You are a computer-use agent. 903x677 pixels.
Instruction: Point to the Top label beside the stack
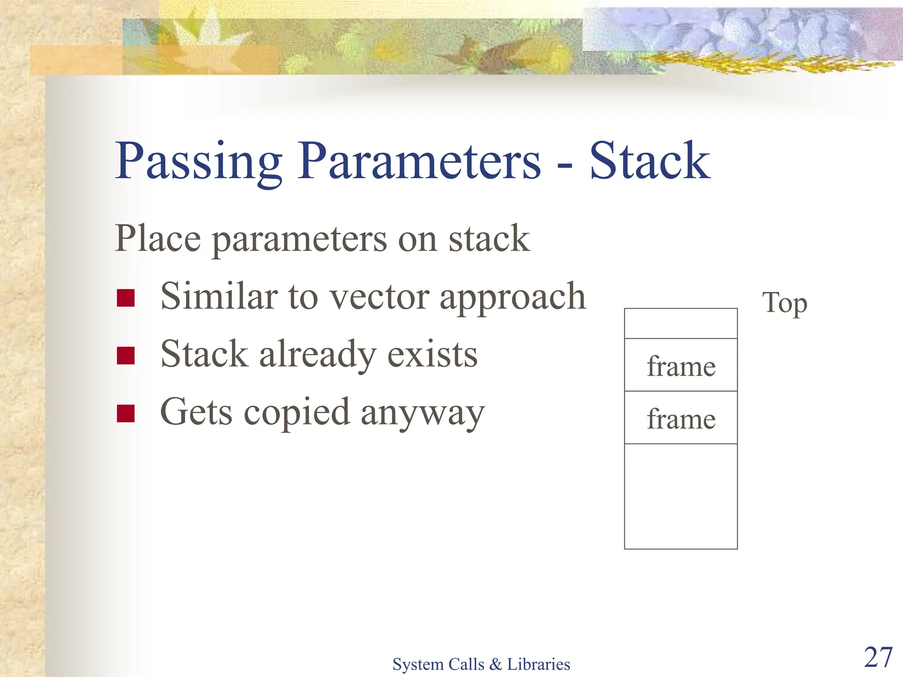pos(784,303)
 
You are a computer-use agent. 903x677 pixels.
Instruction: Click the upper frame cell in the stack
pos(681,366)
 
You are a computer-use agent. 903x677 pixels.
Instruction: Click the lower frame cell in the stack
pos(681,418)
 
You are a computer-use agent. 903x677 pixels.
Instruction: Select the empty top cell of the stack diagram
pos(681,324)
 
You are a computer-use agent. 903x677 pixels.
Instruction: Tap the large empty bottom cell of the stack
pos(681,496)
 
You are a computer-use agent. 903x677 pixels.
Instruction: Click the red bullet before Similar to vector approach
pos(126,298)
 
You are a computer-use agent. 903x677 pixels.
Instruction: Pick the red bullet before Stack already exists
pos(126,356)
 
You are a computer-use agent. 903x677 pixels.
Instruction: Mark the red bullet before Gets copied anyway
pos(126,413)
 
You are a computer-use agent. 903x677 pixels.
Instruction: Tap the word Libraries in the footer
pos(538,664)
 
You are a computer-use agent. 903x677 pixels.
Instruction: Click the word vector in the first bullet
pos(380,297)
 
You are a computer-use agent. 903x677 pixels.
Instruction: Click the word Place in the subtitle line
pos(158,238)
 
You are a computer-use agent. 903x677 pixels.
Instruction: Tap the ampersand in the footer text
pos(496,664)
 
